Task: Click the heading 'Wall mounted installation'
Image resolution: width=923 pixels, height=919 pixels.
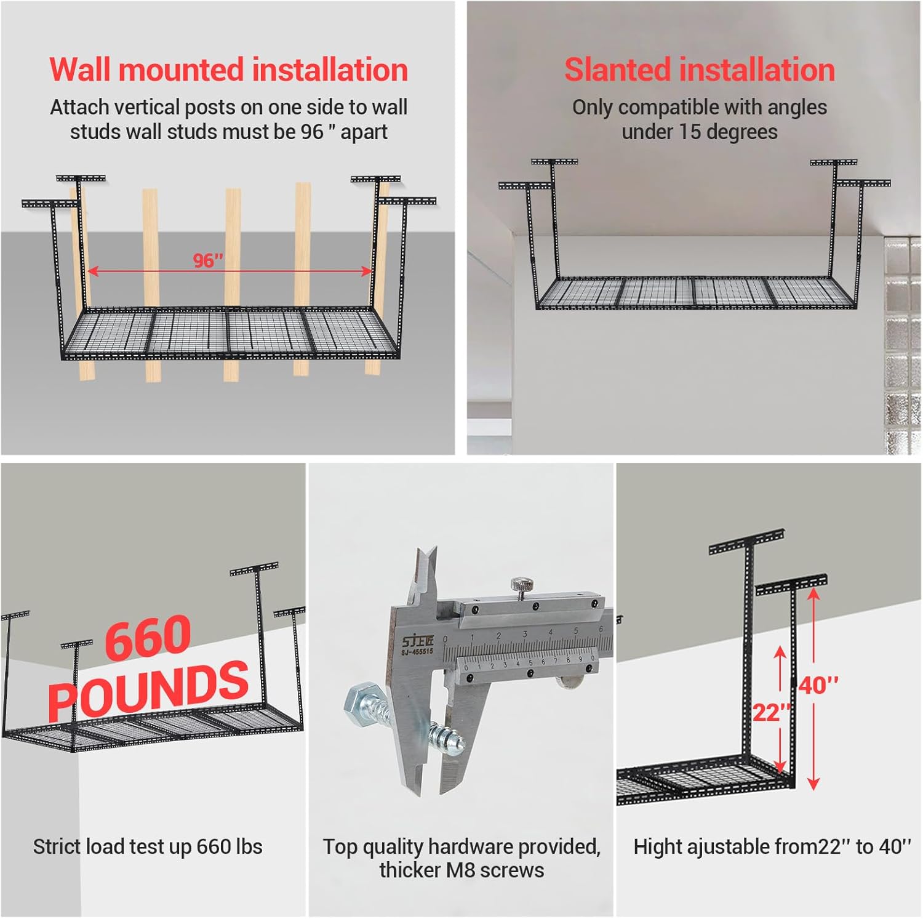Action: click(x=228, y=70)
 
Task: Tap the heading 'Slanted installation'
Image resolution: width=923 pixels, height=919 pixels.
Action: click(x=700, y=70)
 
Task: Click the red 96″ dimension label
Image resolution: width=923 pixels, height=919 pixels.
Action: click(x=207, y=260)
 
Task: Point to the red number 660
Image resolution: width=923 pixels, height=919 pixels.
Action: click(x=148, y=638)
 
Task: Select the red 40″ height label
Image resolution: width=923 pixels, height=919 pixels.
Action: click(x=819, y=684)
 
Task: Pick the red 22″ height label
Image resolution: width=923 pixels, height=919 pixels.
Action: click(x=770, y=713)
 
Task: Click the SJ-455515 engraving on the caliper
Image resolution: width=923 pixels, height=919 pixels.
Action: click(x=417, y=651)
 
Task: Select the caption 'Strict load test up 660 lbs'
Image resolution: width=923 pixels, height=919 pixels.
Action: click(x=148, y=846)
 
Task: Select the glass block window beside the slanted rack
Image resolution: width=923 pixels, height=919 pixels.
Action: click(x=902, y=345)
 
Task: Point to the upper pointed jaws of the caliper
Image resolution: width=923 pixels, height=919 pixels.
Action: click(x=425, y=569)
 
